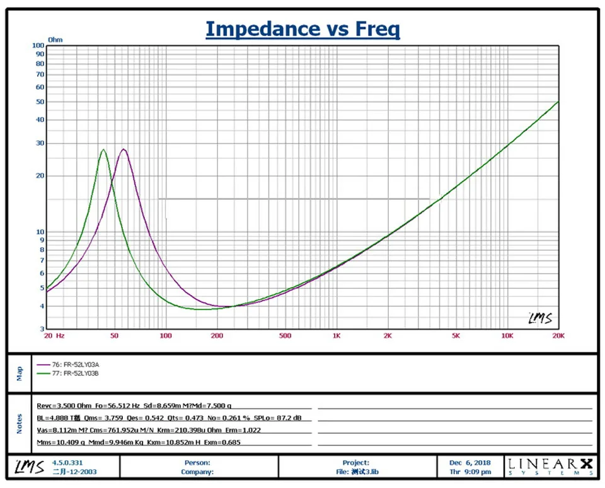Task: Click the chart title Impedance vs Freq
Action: pos(302,29)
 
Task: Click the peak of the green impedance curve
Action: pos(103,149)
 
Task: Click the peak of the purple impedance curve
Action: pos(124,149)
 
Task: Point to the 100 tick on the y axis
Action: pos(38,45)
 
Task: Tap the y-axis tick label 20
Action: pos(40,176)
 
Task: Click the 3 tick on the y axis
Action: pos(42,329)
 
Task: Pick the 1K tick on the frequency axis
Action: pos(336,336)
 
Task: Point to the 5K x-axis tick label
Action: pos(455,336)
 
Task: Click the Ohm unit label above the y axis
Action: pos(55,40)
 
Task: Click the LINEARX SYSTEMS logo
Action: pos(550,467)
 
